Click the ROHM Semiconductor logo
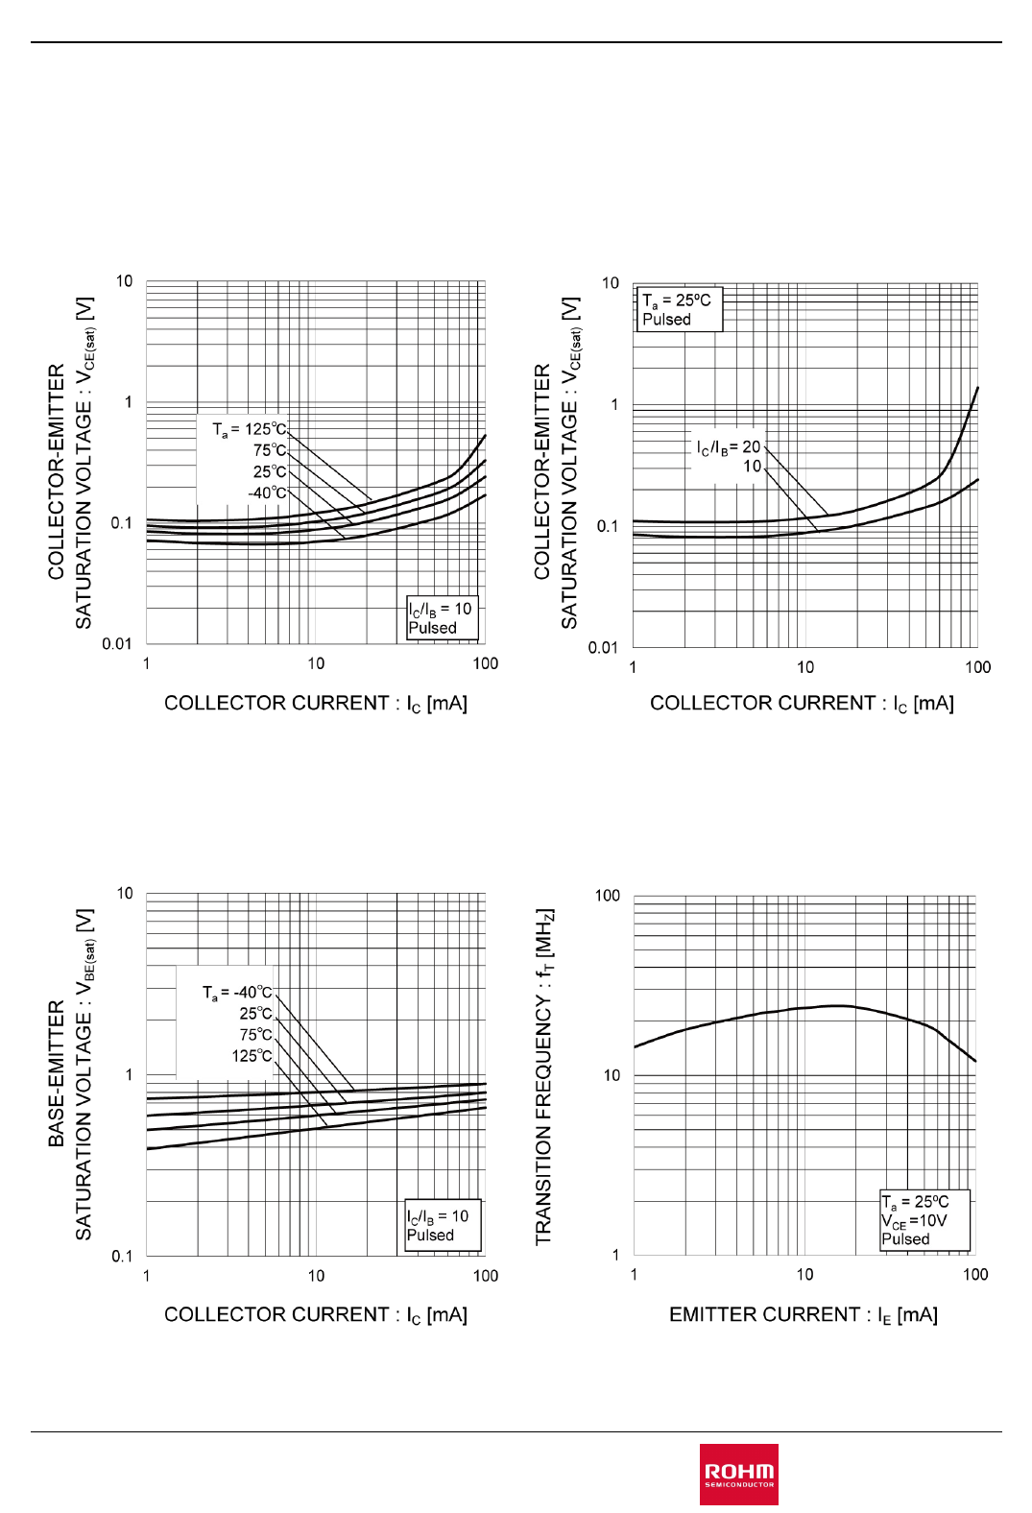point(738,1473)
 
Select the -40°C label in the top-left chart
point(267,492)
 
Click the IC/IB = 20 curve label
point(729,446)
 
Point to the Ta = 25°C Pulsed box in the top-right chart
point(679,309)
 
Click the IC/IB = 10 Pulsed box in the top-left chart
point(441,618)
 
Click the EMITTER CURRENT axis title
point(803,1314)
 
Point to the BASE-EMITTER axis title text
point(57,1073)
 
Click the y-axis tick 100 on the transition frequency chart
point(608,896)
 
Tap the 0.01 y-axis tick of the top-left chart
point(117,643)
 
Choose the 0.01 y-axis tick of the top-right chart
point(603,647)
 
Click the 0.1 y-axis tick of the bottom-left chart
point(122,1256)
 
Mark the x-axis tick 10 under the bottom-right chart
point(804,1274)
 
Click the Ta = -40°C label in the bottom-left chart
point(237,992)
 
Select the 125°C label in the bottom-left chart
point(252,1055)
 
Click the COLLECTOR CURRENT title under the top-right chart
point(802,703)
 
